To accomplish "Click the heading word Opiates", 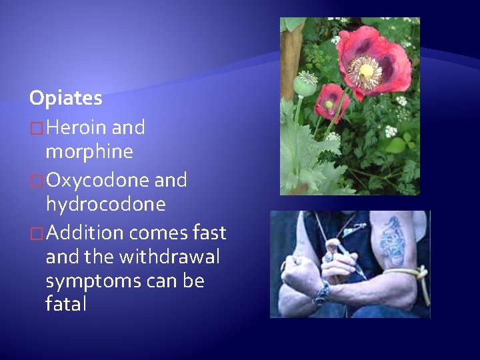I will coord(65,99).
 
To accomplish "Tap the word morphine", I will coord(89,152).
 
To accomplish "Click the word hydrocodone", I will coord(105,204).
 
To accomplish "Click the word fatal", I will coord(66,305).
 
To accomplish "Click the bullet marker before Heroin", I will coord(37,127).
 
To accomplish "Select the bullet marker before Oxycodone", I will coord(37,181).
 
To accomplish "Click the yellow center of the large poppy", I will coord(366,70).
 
